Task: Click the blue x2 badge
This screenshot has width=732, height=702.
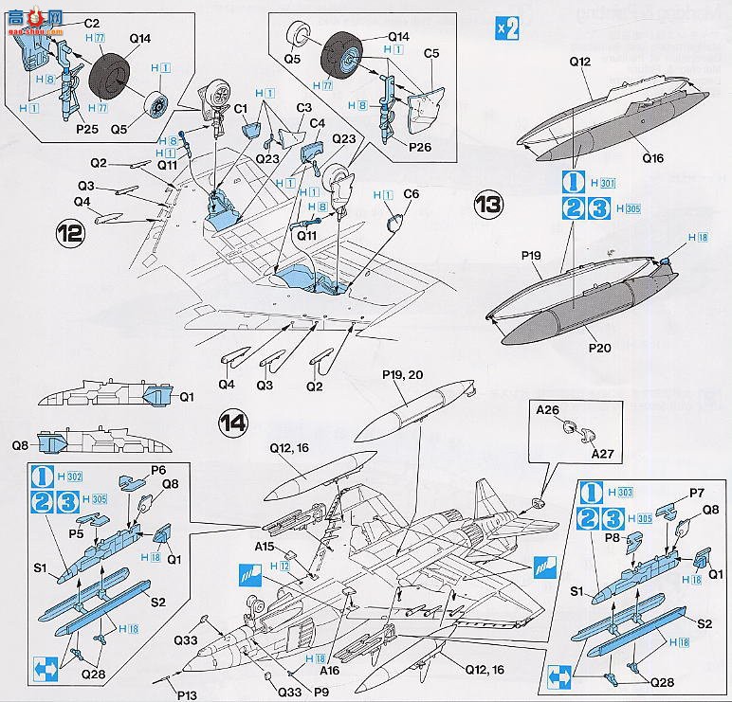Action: (x=507, y=28)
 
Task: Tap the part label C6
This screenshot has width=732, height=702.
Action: (x=411, y=194)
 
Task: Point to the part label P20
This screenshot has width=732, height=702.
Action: (x=598, y=347)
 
